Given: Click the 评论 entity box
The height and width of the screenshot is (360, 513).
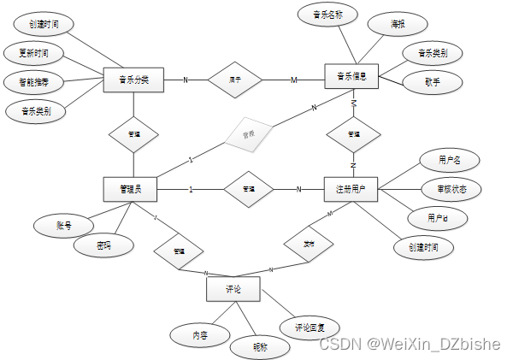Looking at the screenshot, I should pos(233,290).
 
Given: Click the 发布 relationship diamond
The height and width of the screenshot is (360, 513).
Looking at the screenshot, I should pos(308,244).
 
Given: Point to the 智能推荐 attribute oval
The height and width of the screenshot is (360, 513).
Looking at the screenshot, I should pos(32,83).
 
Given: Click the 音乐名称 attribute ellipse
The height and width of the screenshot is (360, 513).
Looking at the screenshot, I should pos(327,14).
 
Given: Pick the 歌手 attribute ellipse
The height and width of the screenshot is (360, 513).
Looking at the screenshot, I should pos(432,83).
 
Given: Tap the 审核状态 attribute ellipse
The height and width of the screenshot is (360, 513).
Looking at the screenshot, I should pos(452,188).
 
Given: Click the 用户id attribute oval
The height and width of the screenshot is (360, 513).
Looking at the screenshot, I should pos(436,219).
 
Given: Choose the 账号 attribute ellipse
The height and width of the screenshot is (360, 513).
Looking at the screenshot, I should pos(63,226).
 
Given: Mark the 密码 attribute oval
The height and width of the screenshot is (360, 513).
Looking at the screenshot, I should pos(103,245).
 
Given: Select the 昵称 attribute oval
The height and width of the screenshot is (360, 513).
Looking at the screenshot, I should pos(260,347).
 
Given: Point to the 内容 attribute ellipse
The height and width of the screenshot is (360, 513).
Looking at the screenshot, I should pos(198,333).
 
